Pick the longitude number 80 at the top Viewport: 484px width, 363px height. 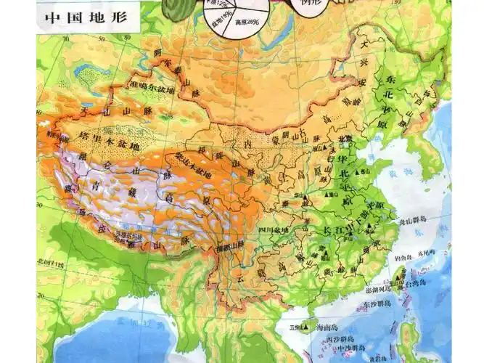click(126, 34)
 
